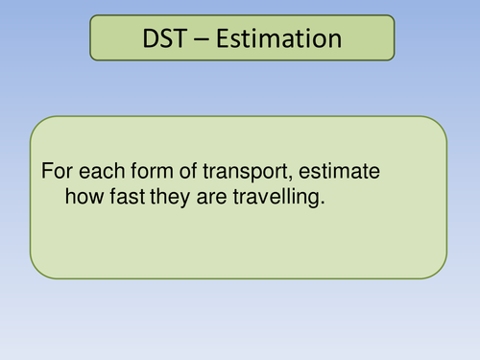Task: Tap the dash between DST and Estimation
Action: (x=201, y=41)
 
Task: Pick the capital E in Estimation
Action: (x=220, y=39)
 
